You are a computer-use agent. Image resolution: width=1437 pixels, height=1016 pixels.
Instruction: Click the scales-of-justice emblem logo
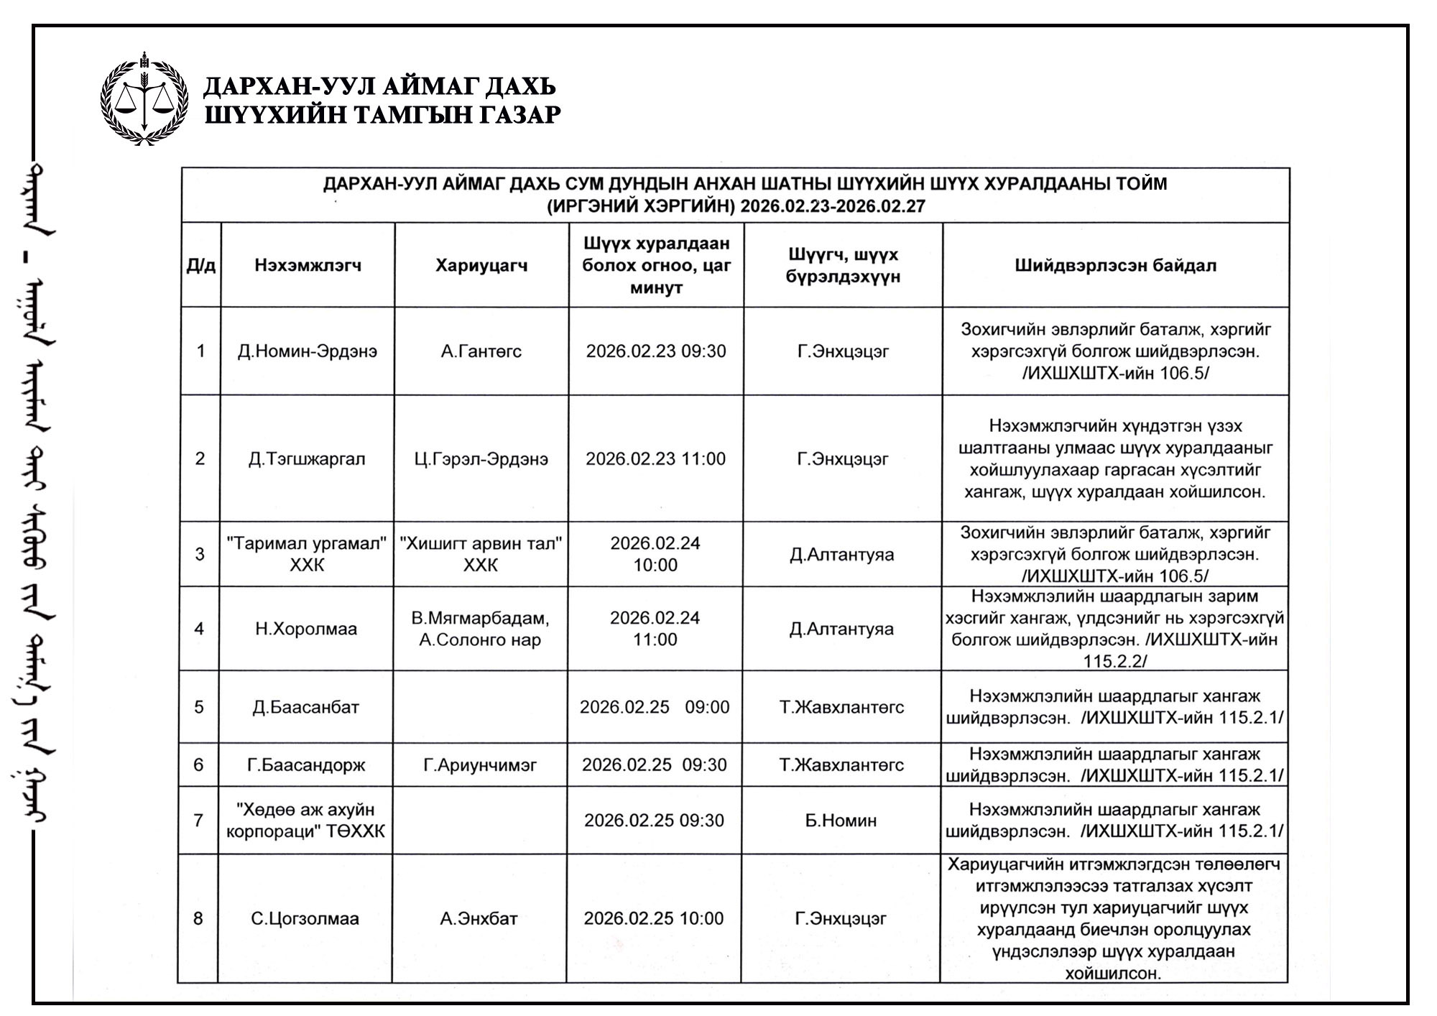tap(144, 98)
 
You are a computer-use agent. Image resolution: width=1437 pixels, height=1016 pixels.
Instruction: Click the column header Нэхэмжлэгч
tap(308, 266)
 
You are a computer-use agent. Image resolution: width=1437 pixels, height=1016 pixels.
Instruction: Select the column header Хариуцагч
tap(481, 266)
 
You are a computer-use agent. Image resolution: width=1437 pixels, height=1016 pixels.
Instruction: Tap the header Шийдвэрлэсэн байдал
tap(1115, 266)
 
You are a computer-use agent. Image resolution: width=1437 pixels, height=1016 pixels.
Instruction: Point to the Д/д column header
tap(200, 266)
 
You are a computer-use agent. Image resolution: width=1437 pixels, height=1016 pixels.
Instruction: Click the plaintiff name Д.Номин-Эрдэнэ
tap(308, 351)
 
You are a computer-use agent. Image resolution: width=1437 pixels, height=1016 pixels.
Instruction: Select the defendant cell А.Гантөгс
tap(481, 351)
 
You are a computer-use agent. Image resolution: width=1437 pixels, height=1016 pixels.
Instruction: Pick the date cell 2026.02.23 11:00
tap(655, 459)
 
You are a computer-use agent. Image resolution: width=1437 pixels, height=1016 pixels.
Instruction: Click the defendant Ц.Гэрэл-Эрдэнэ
tap(481, 459)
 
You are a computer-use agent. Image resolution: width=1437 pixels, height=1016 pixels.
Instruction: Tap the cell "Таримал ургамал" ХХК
tap(307, 554)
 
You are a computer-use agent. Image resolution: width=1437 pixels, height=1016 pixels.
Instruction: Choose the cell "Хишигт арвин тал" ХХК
tap(481, 554)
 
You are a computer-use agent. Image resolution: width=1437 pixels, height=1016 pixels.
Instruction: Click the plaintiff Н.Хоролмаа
tap(306, 629)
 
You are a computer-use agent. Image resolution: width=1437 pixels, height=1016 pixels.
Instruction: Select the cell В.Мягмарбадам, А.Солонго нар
tap(480, 629)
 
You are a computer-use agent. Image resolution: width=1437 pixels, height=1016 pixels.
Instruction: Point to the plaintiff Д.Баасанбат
tap(305, 707)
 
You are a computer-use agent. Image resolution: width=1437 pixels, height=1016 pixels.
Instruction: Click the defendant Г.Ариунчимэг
tap(480, 765)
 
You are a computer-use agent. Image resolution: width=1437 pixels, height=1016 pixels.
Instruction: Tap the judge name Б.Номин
tap(841, 821)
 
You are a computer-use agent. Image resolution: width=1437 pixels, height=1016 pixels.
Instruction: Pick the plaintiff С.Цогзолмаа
tap(305, 919)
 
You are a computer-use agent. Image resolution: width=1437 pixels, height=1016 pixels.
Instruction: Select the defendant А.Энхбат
tap(479, 919)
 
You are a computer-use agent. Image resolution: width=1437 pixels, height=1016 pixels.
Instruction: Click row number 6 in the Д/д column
tap(198, 765)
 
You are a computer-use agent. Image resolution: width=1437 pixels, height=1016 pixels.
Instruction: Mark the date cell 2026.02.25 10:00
tap(653, 919)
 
